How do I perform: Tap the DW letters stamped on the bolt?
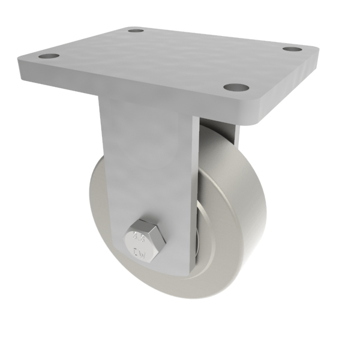click(139, 251)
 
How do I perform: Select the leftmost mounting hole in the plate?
click(50, 56)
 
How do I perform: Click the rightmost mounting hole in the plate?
click(292, 48)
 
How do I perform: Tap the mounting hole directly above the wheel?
click(236, 88)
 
